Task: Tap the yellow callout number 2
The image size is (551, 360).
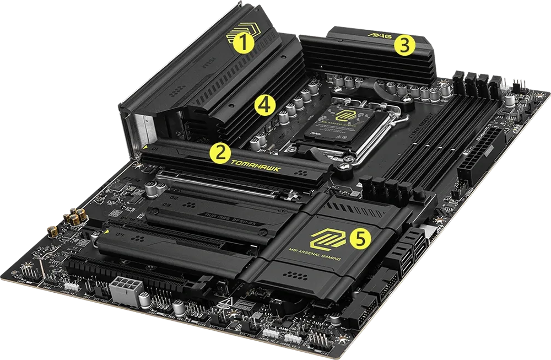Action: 219,153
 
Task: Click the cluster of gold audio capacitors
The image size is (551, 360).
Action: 73,219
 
